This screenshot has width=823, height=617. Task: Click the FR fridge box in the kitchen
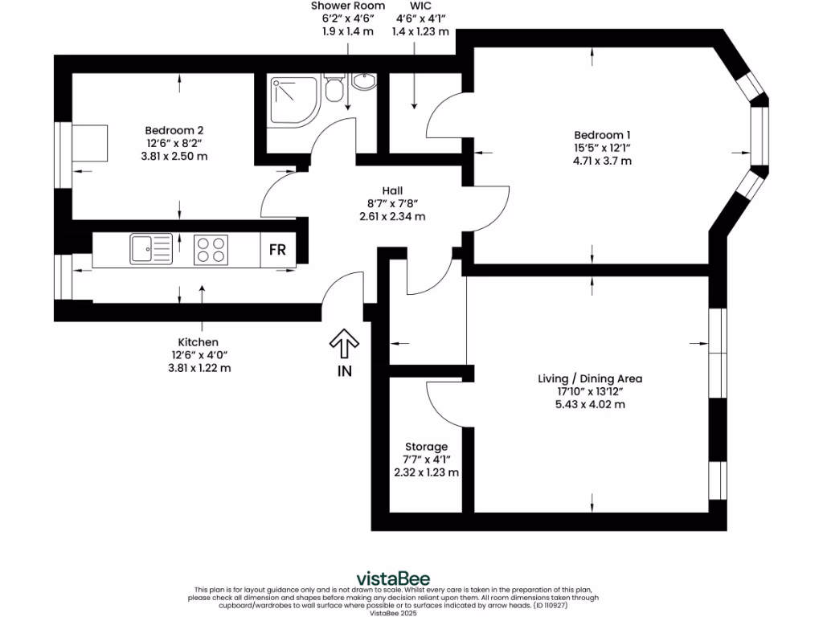pos(277,250)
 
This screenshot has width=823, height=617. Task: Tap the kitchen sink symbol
pos(151,249)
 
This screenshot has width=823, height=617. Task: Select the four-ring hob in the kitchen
pos(211,249)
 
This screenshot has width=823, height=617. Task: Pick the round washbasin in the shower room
pos(364,81)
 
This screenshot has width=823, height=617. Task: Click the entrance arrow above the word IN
pos(345,345)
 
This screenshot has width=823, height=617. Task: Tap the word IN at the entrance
pos(345,371)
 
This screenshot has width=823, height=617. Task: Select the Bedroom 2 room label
pos(174,130)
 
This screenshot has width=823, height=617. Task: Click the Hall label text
pos(392,190)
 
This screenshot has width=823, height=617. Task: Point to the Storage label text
pos(426,447)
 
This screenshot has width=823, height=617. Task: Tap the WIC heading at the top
pos(410,6)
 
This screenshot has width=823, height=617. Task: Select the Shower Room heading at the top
pos(348,6)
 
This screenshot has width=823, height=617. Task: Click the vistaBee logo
pos(393,578)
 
